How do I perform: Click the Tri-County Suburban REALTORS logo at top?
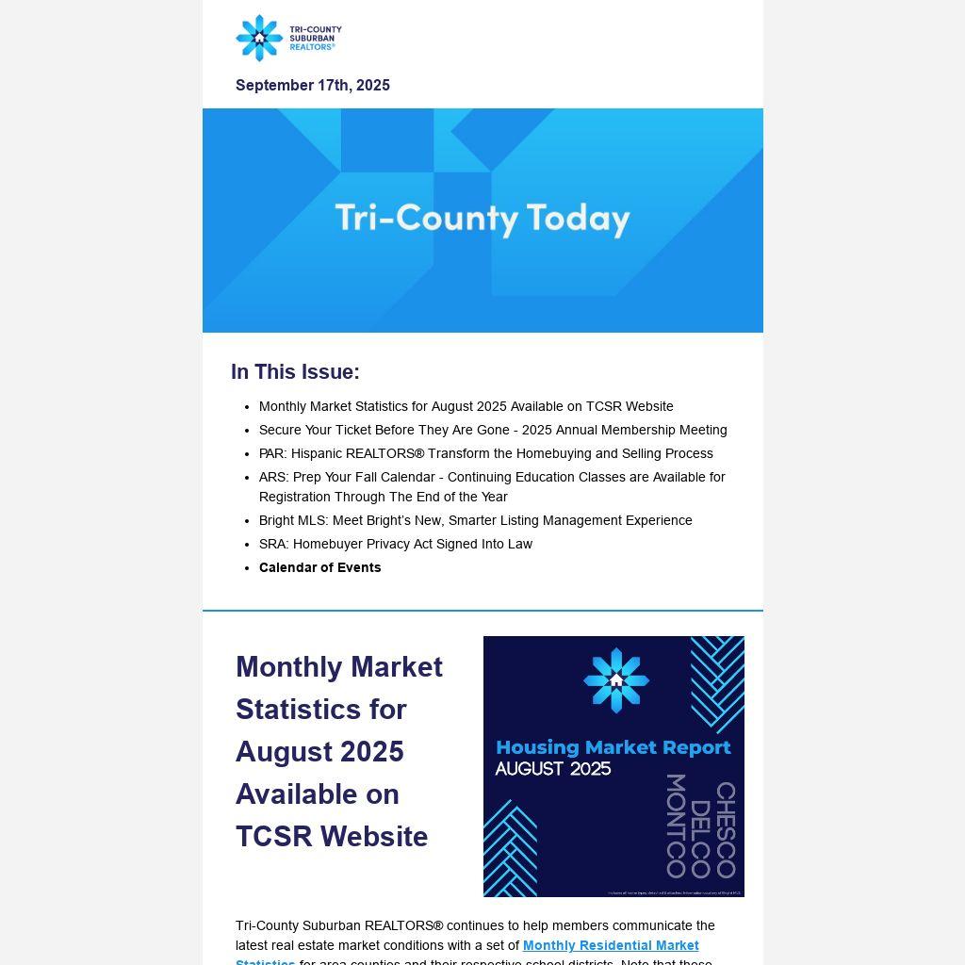click(x=287, y=38)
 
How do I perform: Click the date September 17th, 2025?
click(x=312, y=86)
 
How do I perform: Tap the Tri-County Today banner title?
click(x=482, y=218)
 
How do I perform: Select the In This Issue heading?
click(x=295, y=372)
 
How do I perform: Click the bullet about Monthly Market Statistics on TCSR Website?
click(x=466, y=406)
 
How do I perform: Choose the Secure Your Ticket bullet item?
click(x=492, y=430)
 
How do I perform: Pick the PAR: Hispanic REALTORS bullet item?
click(x=485, y=453)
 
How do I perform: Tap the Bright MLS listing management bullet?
click(x=475, y=520)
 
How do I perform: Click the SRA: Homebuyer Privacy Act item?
click(x=395, y=544)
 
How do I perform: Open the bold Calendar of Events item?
click(x=319, y=567)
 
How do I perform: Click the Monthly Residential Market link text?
click(x=611, y=945)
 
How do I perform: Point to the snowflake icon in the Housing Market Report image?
click(x=615, y=680)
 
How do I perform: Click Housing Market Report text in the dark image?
click(x=613, y=747)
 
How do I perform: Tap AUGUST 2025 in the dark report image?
click(x=552, y=769)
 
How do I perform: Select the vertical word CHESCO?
click(x=726, y=829)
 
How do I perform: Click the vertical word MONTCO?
click(x=676, y=826)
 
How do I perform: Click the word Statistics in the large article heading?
click(x=320, y=710)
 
